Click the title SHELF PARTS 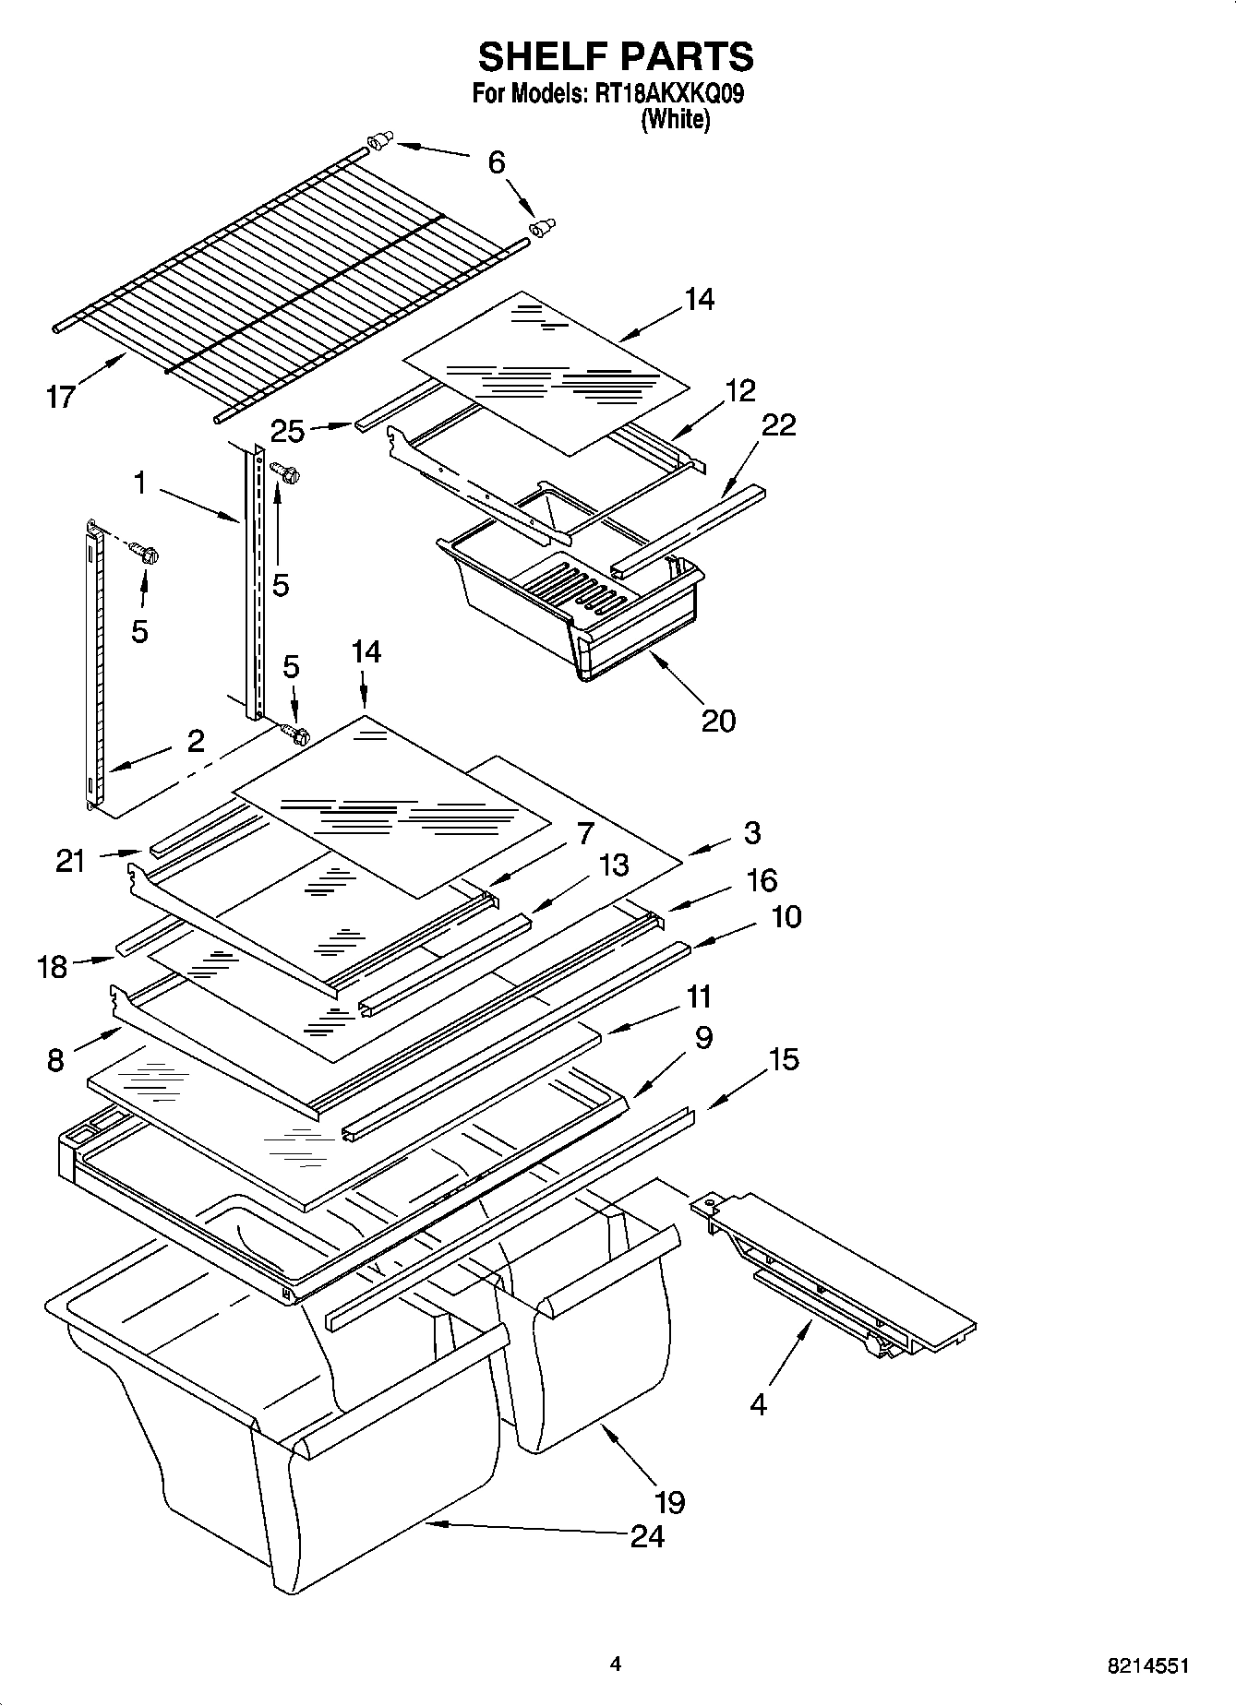pyautogui.click(x=616, y=57)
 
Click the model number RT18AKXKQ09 pyautogui.click(x=669, y=94)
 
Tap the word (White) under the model pyautogui.click(x=675, y=120)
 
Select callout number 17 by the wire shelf pyautogui.click(x=60, y=398)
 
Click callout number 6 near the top pyautogui.click(x=497, y=162)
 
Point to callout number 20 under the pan pyautogui.click(x=718, y=719)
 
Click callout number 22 pyautogui.click(x=778, y=424)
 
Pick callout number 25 pyautogui.click(x=288, y=429)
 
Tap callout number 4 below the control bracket pyautogui.click(x=758, y=1404)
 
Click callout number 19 pyautogui.click(x=669, y=1501)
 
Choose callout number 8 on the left pyautogui.click(x=55, y=1060)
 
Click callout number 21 pyautogui.click(x=70, y=861)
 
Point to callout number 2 pyautogui.click(x=195, y=741)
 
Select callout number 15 pyautogui.click(x=784, y=1059)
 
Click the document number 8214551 pyautogui.click(x=1147, y=1666)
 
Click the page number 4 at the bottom pyautogui.click(x=616, y=1664)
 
